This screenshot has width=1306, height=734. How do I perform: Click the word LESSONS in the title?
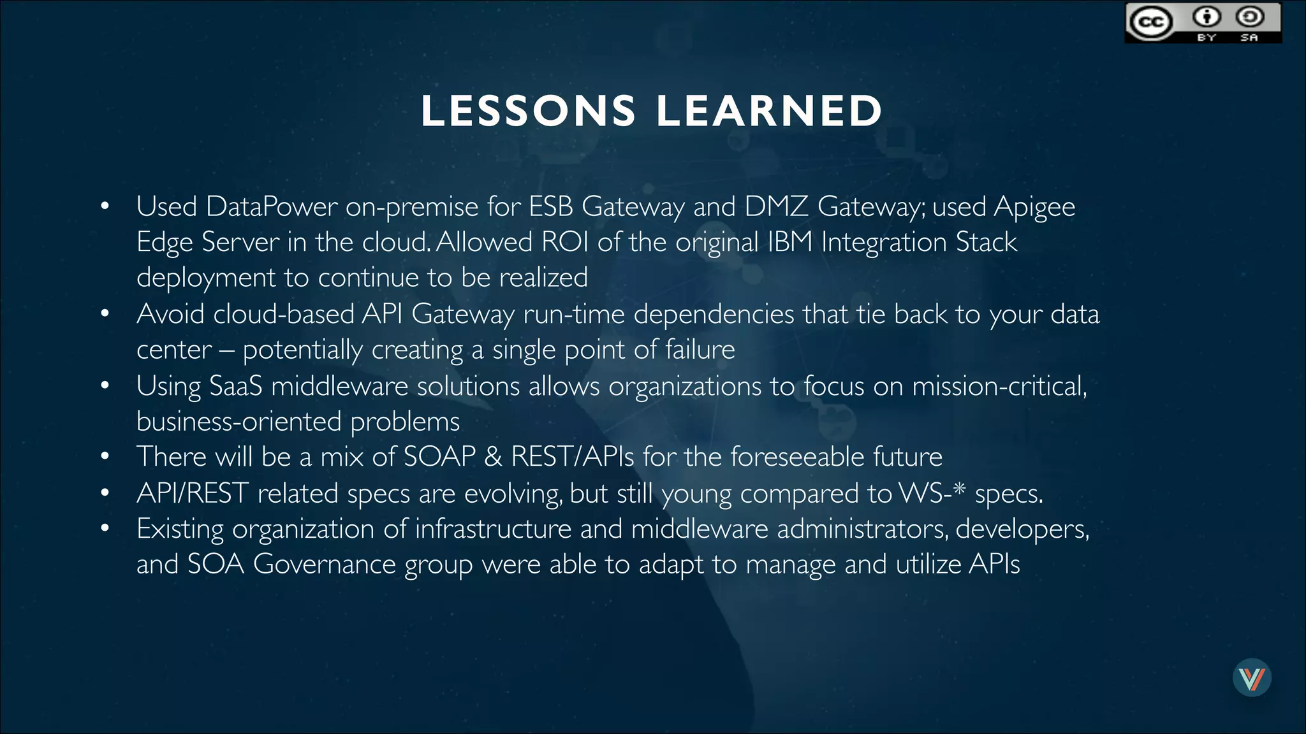[x=528, y=111]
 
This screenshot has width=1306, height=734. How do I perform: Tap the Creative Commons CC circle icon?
[x=1150, y=22]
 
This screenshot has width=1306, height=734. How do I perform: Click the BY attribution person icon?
[x=1207, y=17]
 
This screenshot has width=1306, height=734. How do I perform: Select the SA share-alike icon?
[x=1249, y=17]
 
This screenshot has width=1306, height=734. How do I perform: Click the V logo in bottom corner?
[x=1252, y=678]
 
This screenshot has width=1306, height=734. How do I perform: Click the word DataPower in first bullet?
[x=272, y=206]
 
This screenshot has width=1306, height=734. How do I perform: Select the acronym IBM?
[x=790, y=242]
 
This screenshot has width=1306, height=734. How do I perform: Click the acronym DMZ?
[x=776, y=206]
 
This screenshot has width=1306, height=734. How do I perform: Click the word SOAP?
[x=440, y=457]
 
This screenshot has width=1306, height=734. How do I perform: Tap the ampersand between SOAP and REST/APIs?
[x=493, y=457]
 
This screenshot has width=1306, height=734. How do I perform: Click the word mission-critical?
[x=999, y=386]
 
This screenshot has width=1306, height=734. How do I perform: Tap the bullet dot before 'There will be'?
[x=105, y=456]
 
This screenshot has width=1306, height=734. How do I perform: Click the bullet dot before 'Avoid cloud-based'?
[x=105, y=313]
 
